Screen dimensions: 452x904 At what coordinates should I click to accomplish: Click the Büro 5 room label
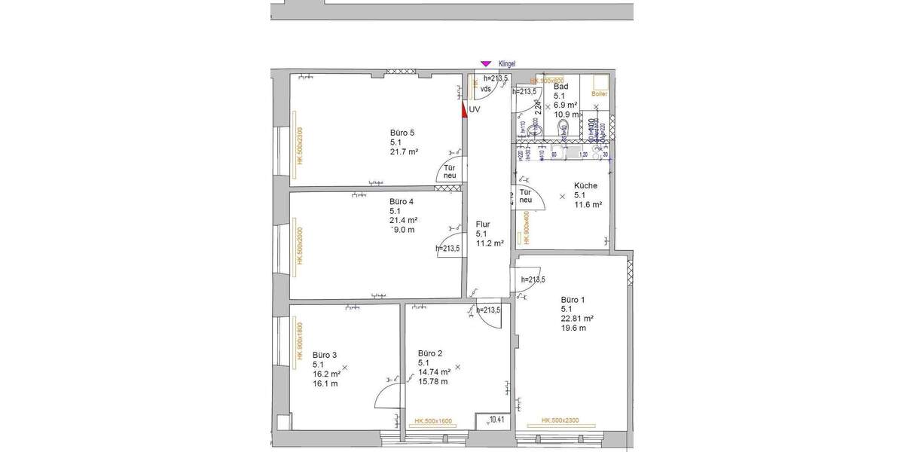(402, 133)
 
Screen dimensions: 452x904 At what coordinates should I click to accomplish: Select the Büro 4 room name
(402, 202)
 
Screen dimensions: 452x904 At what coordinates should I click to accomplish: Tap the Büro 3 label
(325, 355)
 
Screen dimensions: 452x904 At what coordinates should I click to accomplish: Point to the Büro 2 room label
(430, 353)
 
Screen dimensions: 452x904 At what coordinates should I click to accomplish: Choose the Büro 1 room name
(573, 299)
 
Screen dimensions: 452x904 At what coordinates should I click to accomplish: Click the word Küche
(585, 186)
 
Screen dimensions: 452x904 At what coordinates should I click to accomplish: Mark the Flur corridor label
(483, 224)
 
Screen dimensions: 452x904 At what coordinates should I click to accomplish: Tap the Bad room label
(561, 87)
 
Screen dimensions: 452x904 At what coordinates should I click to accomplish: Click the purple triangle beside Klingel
(486, 64)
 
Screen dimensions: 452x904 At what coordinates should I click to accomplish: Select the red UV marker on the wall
(465, 109)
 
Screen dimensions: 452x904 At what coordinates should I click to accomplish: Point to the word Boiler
(600, 94)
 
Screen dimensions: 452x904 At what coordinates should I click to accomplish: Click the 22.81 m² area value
(577, 318)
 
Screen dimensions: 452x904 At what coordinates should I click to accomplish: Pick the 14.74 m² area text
(435, 372)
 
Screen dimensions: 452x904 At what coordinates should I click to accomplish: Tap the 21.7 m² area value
(404, 151)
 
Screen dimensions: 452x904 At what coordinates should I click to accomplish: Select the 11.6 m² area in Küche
(588, 204)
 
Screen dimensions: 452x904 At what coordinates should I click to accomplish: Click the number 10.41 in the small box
(498, 420)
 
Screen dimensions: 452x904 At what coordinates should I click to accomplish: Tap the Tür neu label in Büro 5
(450, 172)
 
